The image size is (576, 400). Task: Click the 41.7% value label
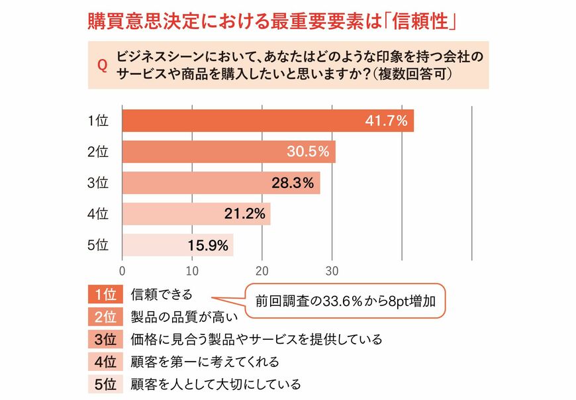[x=388, y=121]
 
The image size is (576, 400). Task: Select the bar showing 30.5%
[x=228, y=152]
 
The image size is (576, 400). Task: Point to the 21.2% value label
[x=246, y=213]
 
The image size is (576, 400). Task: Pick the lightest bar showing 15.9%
[x=177, y=244]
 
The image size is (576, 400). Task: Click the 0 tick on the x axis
[x=122, y=270]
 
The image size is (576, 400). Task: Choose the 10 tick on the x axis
[x=192, y=270]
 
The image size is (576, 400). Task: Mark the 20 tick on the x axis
[x=262, y=270]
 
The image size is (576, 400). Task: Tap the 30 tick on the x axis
[x=332, y=270]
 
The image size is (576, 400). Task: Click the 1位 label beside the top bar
[x=97, y=121]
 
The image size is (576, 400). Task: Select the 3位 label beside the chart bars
[x=97, y=183]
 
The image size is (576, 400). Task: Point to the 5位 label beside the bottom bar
[x=97, y=244]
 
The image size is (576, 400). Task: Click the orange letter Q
[x=102, y=66]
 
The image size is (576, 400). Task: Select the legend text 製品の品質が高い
[x=179, y=317]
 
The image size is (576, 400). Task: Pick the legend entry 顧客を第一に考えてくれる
[x=205, y=362]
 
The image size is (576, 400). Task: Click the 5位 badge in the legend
[x=105, y=384]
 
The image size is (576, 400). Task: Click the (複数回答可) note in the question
[x=411, y=74]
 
